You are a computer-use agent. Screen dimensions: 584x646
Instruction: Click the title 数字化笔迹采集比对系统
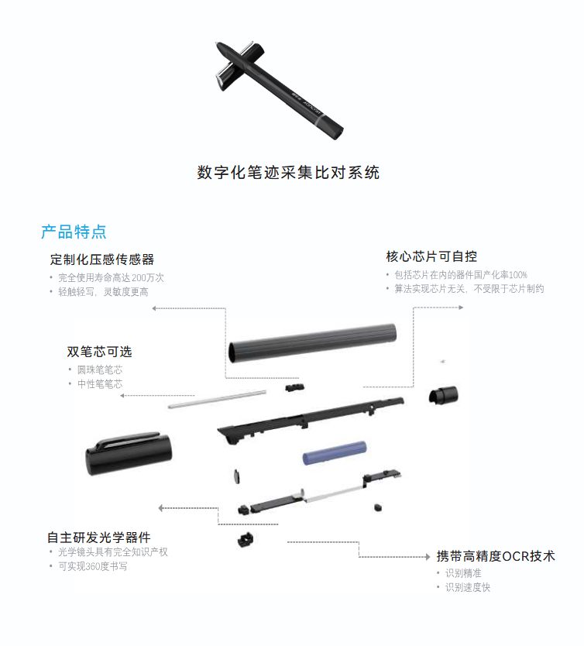point(288,172)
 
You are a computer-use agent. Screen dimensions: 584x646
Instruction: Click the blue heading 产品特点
point(74,232)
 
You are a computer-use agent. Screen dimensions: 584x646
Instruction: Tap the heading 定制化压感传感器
point(102,259)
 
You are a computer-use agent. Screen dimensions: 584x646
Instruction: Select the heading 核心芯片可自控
point(431,256)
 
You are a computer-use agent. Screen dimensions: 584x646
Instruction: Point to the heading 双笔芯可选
point(99,352)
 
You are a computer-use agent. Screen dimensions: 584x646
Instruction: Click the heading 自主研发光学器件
point(99,538)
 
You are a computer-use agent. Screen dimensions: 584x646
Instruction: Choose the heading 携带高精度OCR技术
point(496,556)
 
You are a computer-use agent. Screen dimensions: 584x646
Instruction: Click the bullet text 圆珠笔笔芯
point(100,369)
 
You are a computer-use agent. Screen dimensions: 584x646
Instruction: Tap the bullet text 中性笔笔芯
point(100,384)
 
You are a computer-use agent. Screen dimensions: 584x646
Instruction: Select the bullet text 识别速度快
point(468,587)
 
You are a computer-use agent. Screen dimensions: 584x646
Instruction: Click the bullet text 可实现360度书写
point(93,566)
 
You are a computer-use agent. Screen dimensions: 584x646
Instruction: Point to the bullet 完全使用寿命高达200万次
point(111,277)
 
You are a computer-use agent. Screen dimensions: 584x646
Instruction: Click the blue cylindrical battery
point(335,453)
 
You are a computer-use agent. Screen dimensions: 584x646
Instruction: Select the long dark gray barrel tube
point(313,343)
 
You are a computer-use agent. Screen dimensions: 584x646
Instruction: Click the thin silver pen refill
point(217,399)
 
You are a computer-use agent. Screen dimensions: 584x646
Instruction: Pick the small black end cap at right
point(443,395)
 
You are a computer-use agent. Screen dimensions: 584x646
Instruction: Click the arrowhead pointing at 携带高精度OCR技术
point(428,557)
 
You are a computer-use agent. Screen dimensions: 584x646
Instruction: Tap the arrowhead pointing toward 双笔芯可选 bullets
point(122,396)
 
